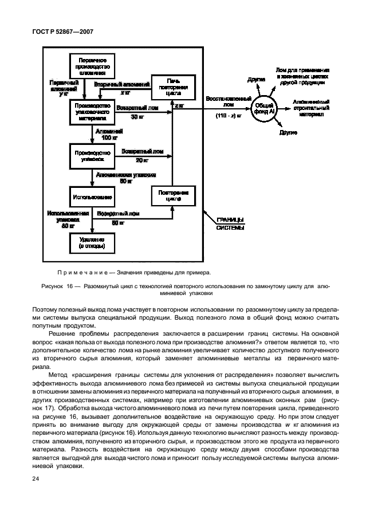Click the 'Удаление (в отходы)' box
(88, 243)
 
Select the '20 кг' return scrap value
(142, 160)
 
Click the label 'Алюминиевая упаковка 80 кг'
(126, 178)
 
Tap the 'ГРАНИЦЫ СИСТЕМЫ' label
(230, 224)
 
